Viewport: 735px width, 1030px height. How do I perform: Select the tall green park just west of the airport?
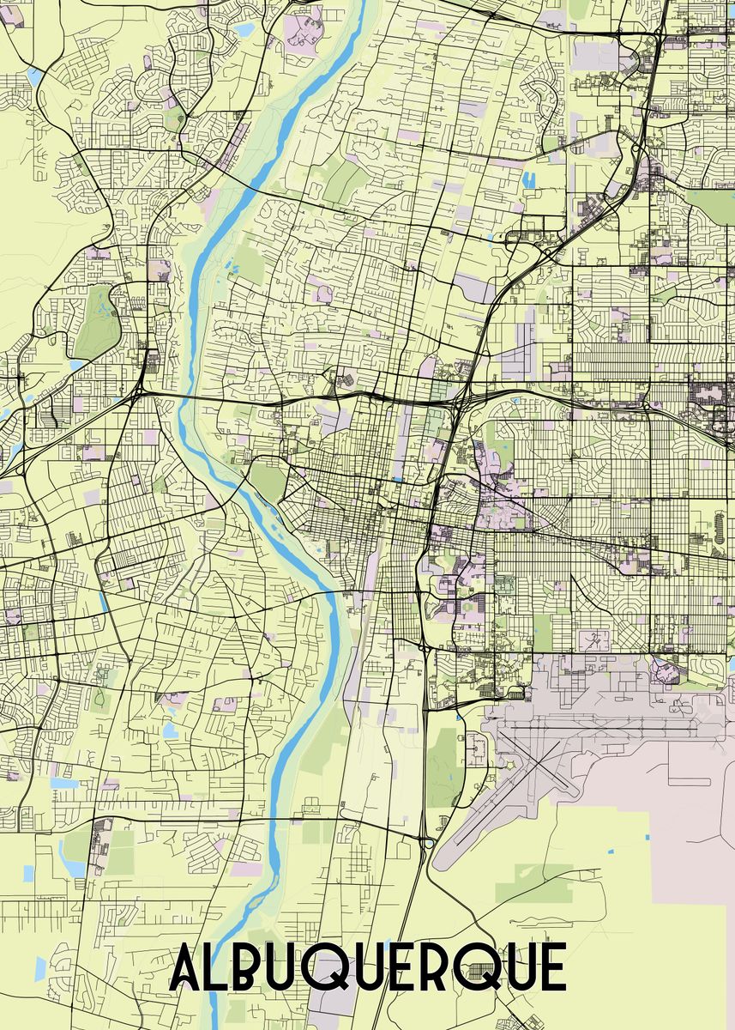(443, 764)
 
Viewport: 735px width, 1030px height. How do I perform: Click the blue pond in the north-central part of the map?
(528, 180)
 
